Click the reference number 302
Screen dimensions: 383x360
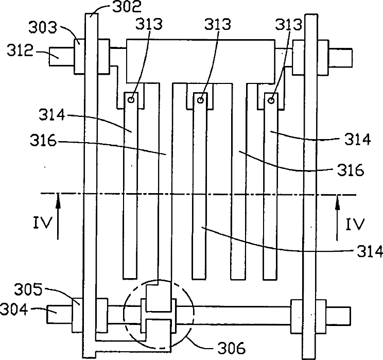[x=127, y=7]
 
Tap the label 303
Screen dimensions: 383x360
[x=43, y=27]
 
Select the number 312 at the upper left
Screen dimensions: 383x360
[x=20, y=50]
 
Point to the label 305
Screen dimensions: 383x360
[x=28, y=289]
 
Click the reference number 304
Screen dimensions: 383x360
[x=14, y=309]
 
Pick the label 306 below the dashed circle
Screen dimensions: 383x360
[x=231, y=348]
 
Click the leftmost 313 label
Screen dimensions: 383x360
[x=149, y=24]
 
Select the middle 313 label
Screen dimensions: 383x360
[x=217, y=24]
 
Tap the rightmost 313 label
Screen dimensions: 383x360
[x=289, y=24]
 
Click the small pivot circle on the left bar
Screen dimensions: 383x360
[x=131, y=100]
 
